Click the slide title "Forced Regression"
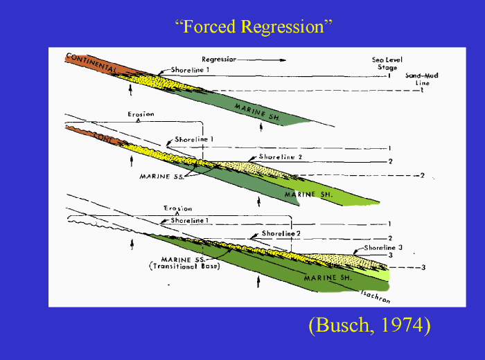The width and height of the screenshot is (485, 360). [x=254, y=27]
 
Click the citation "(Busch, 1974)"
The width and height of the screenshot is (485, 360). [x=369, y=326]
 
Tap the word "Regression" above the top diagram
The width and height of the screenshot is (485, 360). [x=219, y=60]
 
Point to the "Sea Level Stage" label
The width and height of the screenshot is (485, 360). [x=385, y=64]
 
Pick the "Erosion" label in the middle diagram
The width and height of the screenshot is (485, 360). [x=141, y=114]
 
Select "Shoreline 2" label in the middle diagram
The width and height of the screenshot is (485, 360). [x=280, y=157]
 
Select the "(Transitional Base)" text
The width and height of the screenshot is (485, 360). [x=187, y=267]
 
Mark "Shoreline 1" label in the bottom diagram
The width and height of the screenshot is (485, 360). [x=190, y=220]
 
